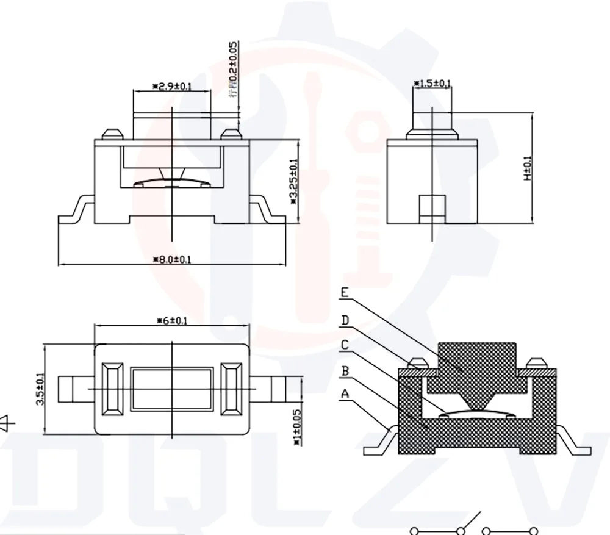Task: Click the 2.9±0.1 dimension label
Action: click(172, 87)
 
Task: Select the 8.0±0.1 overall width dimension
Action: click(173, 259)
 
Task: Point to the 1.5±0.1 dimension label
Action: click(432, 83)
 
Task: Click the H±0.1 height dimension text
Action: click(528, 168)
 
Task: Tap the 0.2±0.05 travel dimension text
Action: click(234, 69)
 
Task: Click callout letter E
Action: click(345, 293)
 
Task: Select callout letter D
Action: click(345, 320)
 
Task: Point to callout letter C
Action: click(345, 345)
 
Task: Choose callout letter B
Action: click(345, 370)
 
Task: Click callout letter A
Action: click(345, 395)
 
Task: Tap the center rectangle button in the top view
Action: click(172, 389)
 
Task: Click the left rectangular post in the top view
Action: click(113, 389)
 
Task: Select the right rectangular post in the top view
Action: click(231, 389)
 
